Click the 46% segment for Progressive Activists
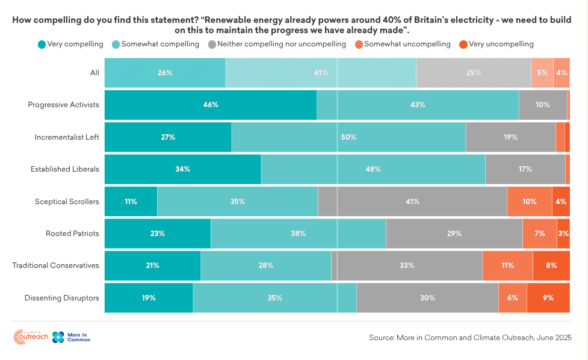tap(211, 105)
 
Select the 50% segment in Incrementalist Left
tap(348, 137)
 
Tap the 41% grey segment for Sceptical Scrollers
tap(412, 202)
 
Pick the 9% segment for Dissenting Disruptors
tap(548, 298)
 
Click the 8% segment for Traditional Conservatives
tap(551, 265)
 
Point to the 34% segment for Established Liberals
tap(183, 169)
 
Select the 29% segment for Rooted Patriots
tap(454, 234)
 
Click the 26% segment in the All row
tap(165, 73)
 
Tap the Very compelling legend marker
tap(42, 45)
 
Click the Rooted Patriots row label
tap(72, 234)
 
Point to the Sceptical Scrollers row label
tap(67, 202)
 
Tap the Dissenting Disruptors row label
tap(61, 298)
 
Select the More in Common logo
tap(71, 338)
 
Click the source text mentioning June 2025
tap(470, 338)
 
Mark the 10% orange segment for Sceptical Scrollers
tap(530, 202)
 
